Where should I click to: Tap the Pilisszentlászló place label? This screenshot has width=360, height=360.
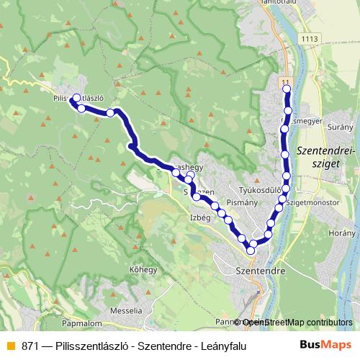[80, 96]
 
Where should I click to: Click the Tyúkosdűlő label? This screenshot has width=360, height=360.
[258, 190]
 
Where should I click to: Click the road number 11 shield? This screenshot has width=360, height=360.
[286, 82]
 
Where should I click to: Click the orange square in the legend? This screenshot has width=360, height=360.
[9, 346]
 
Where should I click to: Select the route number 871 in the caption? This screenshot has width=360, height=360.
[30, 346]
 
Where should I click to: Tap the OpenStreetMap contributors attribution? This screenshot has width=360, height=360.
[296, 323]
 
